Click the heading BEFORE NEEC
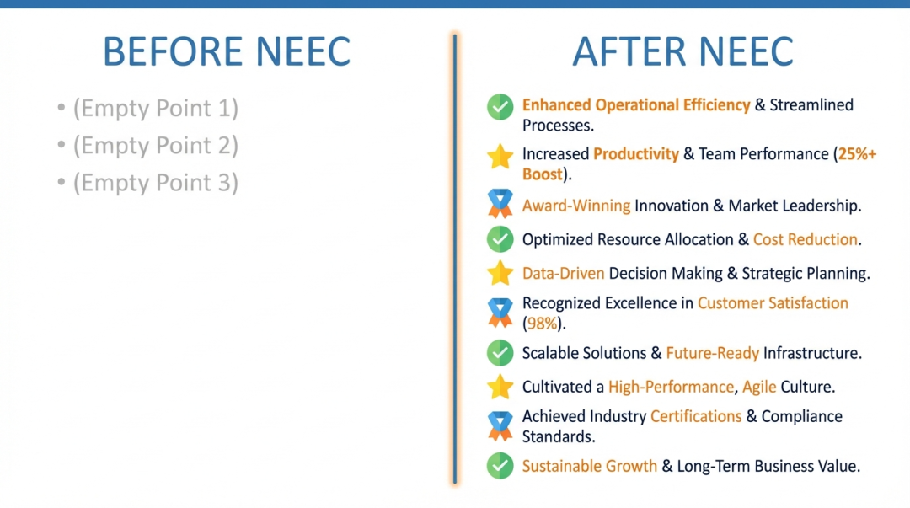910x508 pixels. [x=227, y=51]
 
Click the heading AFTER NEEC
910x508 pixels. [x=682, y=51]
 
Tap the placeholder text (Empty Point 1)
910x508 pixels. [x=156, y=109]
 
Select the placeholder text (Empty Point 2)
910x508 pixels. [x=156, y=146]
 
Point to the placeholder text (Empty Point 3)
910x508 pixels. [x=156, y=183]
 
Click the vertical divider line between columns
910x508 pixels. [x=455, y=259]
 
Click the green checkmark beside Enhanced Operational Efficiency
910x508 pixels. [x=500, y=107]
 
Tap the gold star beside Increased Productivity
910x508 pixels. [x=500, y=156]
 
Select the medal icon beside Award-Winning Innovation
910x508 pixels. [x=500, y=203]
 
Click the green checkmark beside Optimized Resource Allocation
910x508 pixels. [x=500, y=239]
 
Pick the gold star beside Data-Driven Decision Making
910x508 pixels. [x=500, y=273]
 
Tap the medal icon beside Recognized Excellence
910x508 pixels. [x=500, y=313]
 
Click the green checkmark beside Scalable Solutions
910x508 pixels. [x=500, y=352]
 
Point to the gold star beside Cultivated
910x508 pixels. [x=500, y=387]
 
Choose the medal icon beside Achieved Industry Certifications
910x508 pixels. [x=500, y=425]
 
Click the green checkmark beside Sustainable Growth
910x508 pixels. [x=500, y=466]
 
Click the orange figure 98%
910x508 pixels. [x=542, y=324]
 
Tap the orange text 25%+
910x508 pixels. [x=857, y=154]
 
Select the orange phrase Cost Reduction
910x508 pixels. [x=806, y=239]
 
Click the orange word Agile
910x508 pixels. [x=759, y=388]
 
